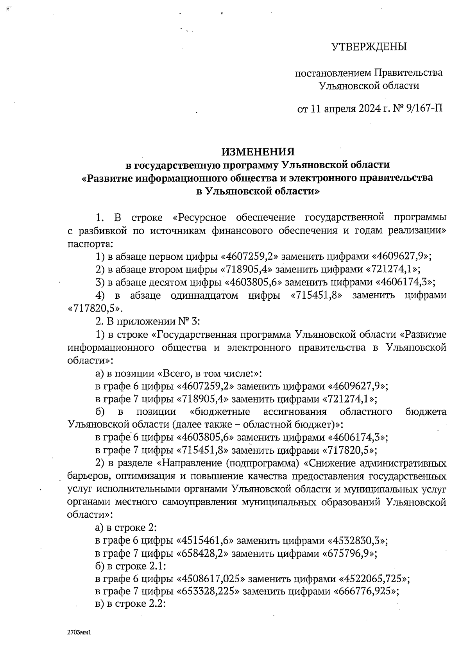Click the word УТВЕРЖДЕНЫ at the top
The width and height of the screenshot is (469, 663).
(369, 47)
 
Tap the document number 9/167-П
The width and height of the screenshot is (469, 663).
(424, 108)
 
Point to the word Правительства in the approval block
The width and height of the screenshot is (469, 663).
(408, 73)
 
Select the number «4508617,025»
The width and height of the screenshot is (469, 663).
(211, 579)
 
